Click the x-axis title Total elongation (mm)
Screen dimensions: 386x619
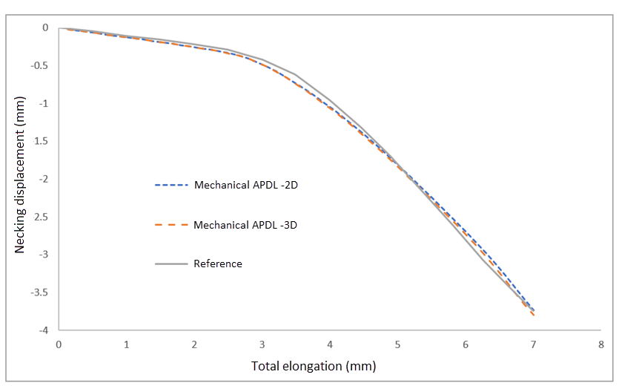click(x=314, y=366)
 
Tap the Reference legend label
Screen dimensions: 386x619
click(x=218, y=264)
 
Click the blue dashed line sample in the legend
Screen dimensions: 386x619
click(x=171, y=185)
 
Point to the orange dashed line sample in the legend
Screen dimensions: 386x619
click(x=171, y=224)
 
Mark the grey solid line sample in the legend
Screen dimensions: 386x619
click(x=171, y=264)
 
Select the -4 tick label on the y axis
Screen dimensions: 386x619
click(x=44, y=330)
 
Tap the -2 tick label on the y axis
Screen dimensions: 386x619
click(x=44, y=179)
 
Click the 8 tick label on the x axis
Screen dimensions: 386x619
click(x=601, y=344)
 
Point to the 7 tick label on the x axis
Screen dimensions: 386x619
click(x=533, y=344)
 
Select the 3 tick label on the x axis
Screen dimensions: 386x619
click(x=262, y=344)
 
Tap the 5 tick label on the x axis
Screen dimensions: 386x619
click(x=397, y=344)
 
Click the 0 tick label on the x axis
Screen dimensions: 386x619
click(x=59, y=344)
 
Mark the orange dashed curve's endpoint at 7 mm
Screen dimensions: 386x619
click(x=533, y=315)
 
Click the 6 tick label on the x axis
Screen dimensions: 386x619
click(x=466, y=344)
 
